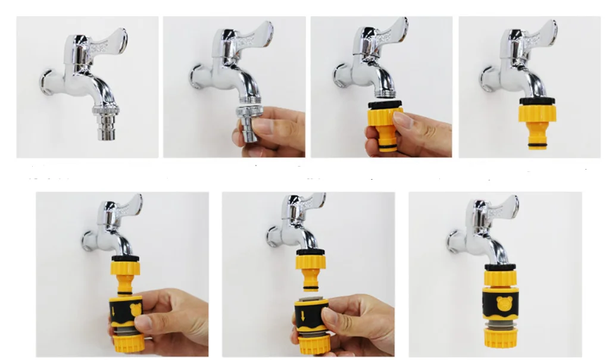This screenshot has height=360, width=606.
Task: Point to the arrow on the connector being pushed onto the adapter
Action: point(114,309)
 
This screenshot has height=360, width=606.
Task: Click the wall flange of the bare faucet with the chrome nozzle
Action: point(47,83)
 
